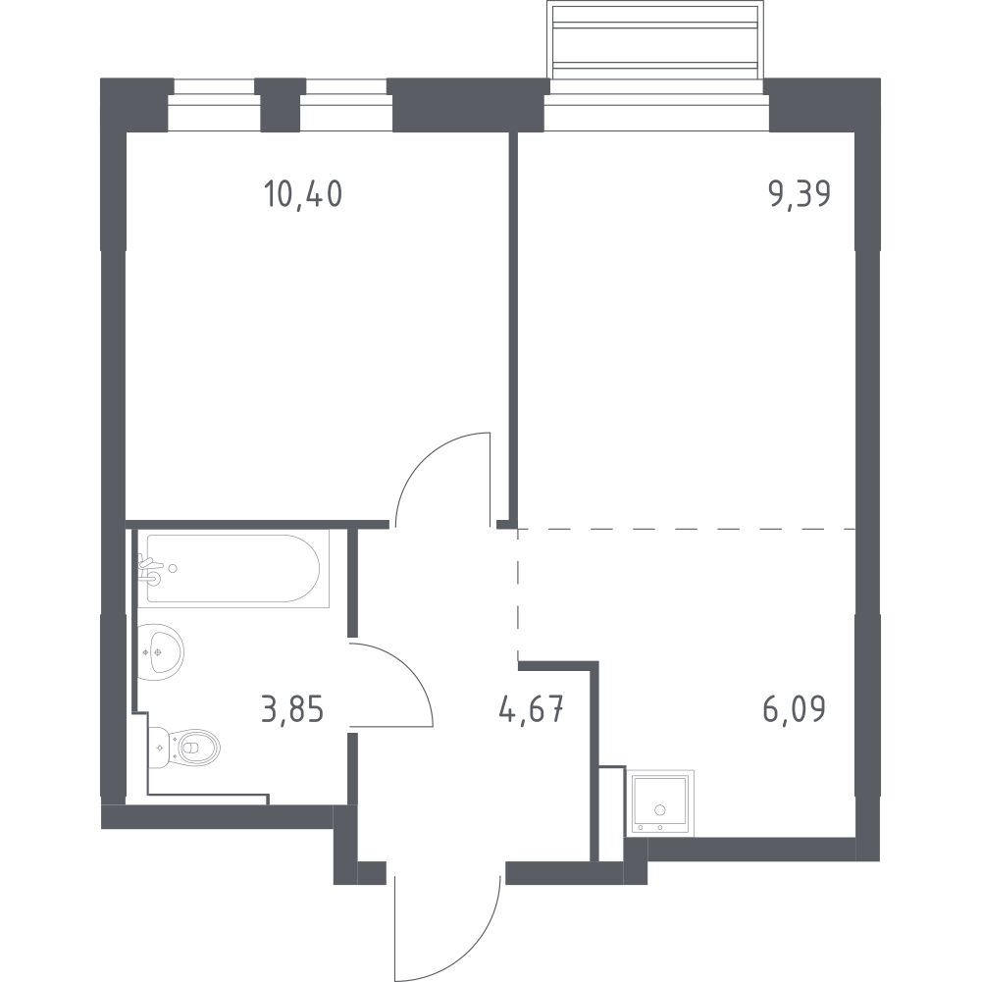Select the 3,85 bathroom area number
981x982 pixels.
pyautogui.click(x=292, y=711)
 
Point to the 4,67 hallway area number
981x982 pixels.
pyautogui.click(x=532, y=711)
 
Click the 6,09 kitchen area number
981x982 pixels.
pyautogui.click(x=795, y=709)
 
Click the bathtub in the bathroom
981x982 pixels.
pyautogui.click(x=233, y=569)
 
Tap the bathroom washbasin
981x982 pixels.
pyautogui.click(x=160, y=652)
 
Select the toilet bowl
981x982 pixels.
pyautogui.click(x=185, y=748)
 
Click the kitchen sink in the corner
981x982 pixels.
pyautogui.click(x=660, y=804)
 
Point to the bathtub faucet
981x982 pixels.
pyautogui.click(x=150, y=569)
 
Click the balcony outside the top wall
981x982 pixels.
pyautogui.click(x=655, y=39)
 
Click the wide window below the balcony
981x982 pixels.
pyautogui.click(x=656, y=113)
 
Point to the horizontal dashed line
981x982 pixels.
pyautogui.click(x=687, y=529)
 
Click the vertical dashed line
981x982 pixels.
pyautogui.click(x=518, y=594)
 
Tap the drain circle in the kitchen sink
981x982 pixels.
pyautogui.click(x=659, y=809)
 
